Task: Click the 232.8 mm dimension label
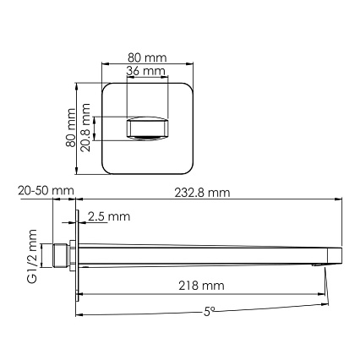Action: pos(202,193)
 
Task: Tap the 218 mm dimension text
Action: pos(201,286)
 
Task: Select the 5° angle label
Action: pos(209,311)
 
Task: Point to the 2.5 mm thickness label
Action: pos(109,216)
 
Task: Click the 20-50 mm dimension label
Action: pos(46,191)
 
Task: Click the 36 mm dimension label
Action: pos(145,71)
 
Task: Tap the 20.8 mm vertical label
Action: pos(85,128)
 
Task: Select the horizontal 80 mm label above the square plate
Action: pos(147,57)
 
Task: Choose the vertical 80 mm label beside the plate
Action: pos(70,128)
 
